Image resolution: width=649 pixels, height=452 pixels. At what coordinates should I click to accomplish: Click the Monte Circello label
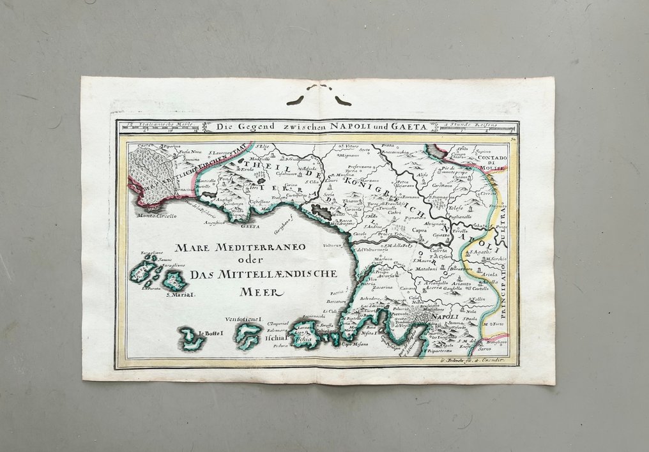coord(157,216)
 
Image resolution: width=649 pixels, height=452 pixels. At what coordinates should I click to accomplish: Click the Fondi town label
coord(225,180)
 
